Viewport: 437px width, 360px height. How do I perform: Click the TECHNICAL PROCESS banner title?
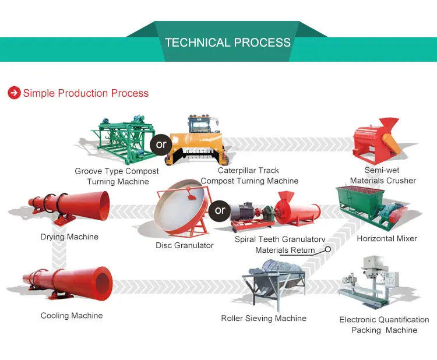(x=227, y=43)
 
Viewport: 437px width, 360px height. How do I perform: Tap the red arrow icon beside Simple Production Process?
(x=13, y=93)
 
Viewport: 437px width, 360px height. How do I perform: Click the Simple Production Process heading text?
(x=86, y=93)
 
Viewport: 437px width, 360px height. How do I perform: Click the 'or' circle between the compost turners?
(x=161, y=144)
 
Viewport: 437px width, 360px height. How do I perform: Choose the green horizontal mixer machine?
(x=371, y=210)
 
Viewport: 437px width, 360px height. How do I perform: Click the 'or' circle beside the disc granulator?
(x=220, y=210)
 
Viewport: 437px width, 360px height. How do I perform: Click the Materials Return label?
(x=285, y=250)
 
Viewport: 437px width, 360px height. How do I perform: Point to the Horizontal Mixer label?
(x=387, y=239)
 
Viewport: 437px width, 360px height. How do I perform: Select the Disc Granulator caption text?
(x=184, y=246)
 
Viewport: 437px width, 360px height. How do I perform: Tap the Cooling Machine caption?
(x=71, y=316)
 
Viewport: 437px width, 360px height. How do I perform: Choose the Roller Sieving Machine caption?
(x=263, y=319)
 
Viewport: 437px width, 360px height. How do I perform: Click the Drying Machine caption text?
(x=69, y=237)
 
